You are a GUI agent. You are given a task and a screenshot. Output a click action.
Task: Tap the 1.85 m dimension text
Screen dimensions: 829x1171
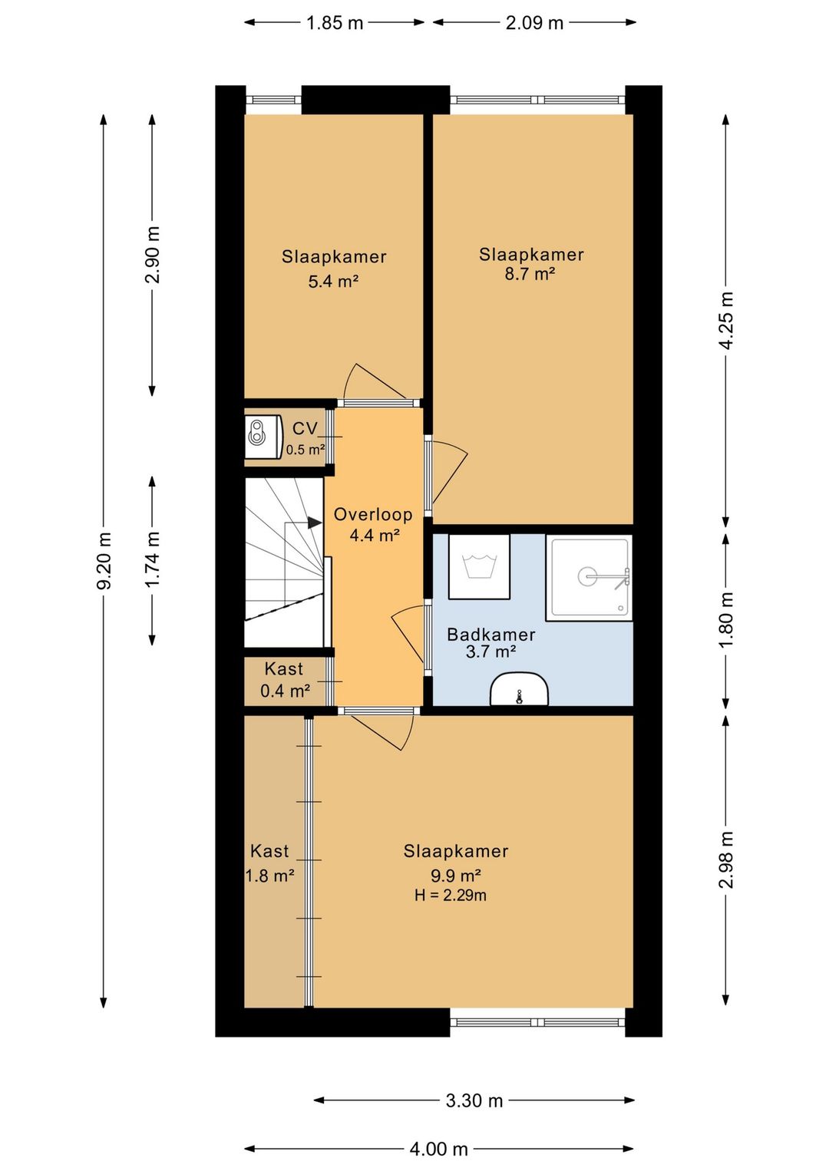tap(335, 23)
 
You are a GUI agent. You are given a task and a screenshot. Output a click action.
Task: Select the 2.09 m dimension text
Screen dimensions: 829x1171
tap(534, 23)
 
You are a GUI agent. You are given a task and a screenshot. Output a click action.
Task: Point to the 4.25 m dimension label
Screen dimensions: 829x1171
tap(726, 319)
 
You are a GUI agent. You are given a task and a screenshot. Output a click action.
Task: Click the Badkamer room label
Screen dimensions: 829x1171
tap(491, 635)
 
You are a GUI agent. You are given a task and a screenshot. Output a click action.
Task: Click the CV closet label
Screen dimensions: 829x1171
tap(305, 429)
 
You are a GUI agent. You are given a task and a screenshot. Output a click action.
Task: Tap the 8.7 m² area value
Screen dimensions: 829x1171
tap(530, 273)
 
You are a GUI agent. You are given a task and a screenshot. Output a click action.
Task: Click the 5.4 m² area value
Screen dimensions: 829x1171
tap(333, 282)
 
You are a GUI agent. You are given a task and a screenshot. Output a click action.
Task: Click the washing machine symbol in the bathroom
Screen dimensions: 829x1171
tap(479, 566)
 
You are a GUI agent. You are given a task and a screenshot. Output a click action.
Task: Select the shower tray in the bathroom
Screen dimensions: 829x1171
tap(589, 578)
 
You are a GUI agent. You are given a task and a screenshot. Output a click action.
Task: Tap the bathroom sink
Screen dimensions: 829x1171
tap(519, 690)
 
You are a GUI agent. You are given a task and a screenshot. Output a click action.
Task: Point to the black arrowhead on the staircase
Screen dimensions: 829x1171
tap(315, 523)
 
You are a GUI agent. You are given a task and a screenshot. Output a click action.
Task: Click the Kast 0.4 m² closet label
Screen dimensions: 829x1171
tap(285, 680)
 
